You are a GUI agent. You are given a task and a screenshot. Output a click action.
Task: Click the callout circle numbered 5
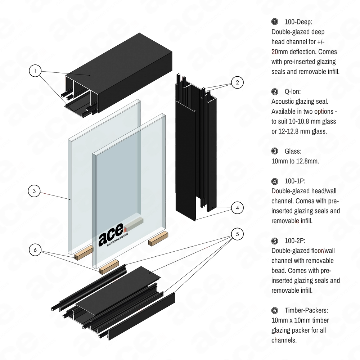pyautogui.click(x=237, y=234)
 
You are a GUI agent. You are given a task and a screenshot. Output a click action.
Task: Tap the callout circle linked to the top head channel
pyautogui.click(x=36, y=71)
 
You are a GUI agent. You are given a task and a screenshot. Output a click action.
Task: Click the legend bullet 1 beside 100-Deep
pyautogui.click(x=275, y=22)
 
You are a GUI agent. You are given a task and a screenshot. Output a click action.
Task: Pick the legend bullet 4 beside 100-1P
pyautogui.click(x=275, y=181)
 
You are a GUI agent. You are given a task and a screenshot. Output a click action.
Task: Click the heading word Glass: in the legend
pyautogui.click(x=292, y=151)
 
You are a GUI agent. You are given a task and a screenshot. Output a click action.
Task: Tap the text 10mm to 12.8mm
pyautogui.click(x=294, y=161)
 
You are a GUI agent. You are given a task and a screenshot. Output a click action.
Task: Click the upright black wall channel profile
pyautogui.click(x=194, y=151)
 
